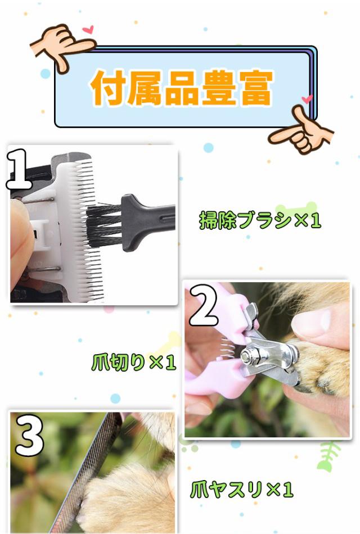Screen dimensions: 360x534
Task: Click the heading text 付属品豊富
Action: (x=182, y=88)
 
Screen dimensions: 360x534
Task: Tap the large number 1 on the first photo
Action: (x=20, y=169)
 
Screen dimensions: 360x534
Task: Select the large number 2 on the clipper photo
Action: (x=203, y=305)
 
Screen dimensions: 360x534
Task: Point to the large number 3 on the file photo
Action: (x=29, y=435)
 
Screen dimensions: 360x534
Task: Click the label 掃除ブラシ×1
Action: (x=260, y=220)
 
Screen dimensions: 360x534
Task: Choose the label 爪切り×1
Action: (x=134, y=362)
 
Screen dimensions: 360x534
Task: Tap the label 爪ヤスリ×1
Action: (x=242, y=490)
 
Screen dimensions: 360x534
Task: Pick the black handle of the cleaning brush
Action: (x=148, y=221)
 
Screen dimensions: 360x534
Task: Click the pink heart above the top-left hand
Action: (x=88, y=29)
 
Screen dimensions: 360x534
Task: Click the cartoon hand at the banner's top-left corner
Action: (x=64, y=46)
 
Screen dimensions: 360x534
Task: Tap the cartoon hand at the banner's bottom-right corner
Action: (x=301, y=131)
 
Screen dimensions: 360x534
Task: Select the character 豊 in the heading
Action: (x=219, y=88)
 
